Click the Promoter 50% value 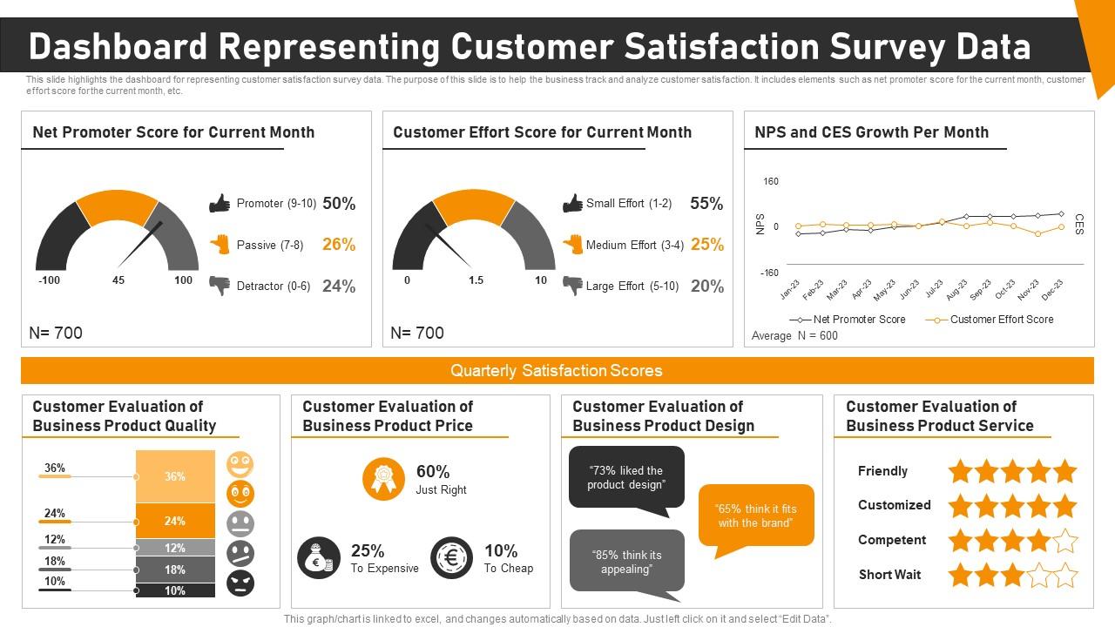coord(339,204)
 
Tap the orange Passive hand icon coord(220,245)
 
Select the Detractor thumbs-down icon coord(220,285)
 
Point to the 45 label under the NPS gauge coord(118,280)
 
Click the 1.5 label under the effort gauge coord(476,280)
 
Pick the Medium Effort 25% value coord(706,245)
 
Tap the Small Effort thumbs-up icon coord(572,204)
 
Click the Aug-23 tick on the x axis coord(956,288)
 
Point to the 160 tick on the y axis coord(771,182)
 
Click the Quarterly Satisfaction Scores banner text coord(557,371)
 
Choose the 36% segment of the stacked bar coord(175,476)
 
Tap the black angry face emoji coord(240,583)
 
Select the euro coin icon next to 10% coord(451,558)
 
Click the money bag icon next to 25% coord(318,558)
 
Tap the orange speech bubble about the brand coord(756,516)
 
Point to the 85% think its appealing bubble coord(626,562)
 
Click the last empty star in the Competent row coord(1065,541)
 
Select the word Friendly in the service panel coord(882,471)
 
